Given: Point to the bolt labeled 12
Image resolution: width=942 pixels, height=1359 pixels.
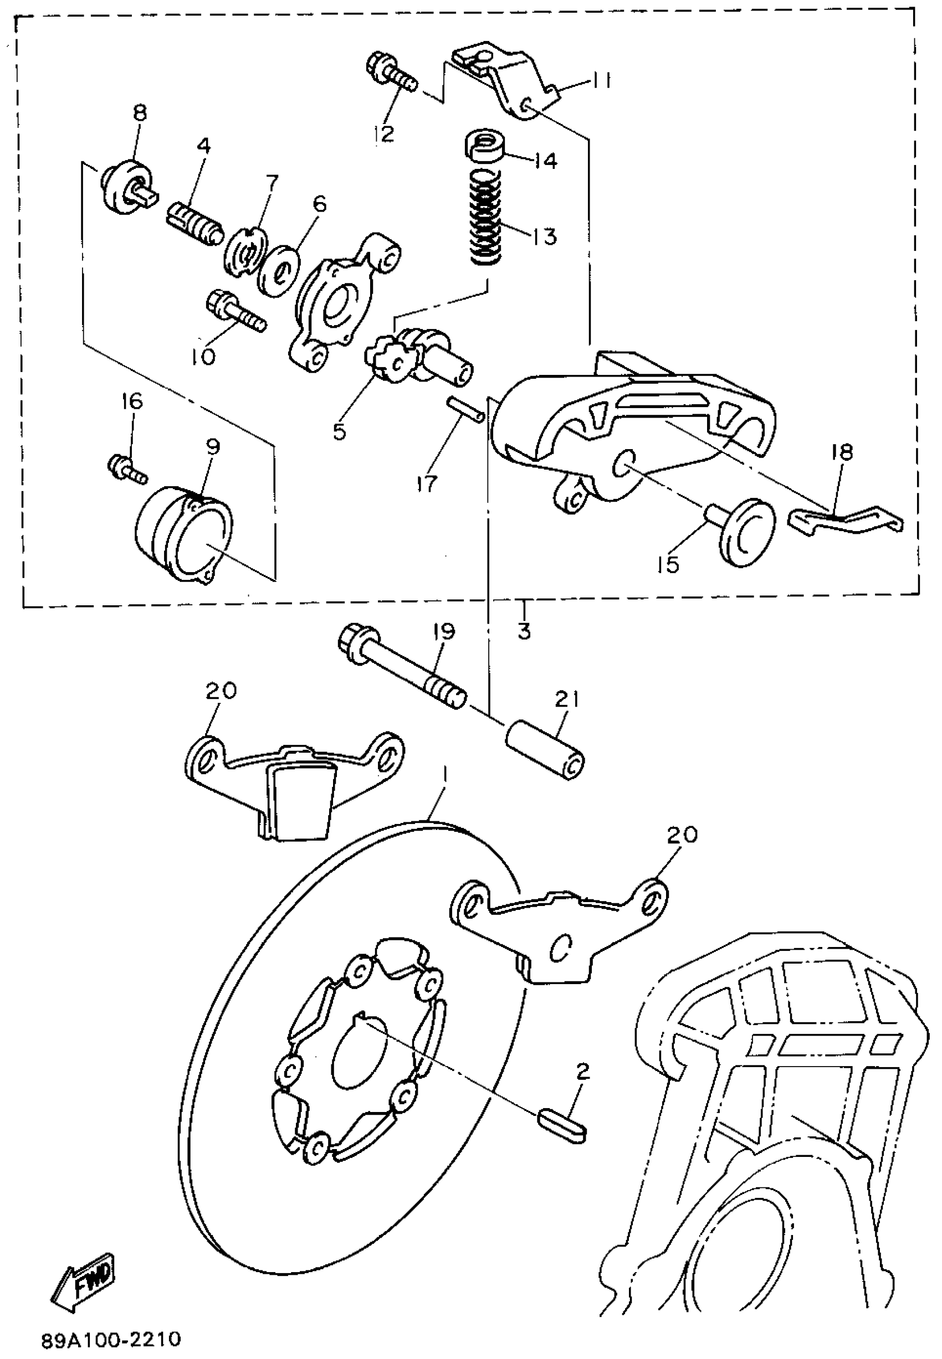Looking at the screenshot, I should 391,70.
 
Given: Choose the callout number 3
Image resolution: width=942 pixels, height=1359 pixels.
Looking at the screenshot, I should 524,631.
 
